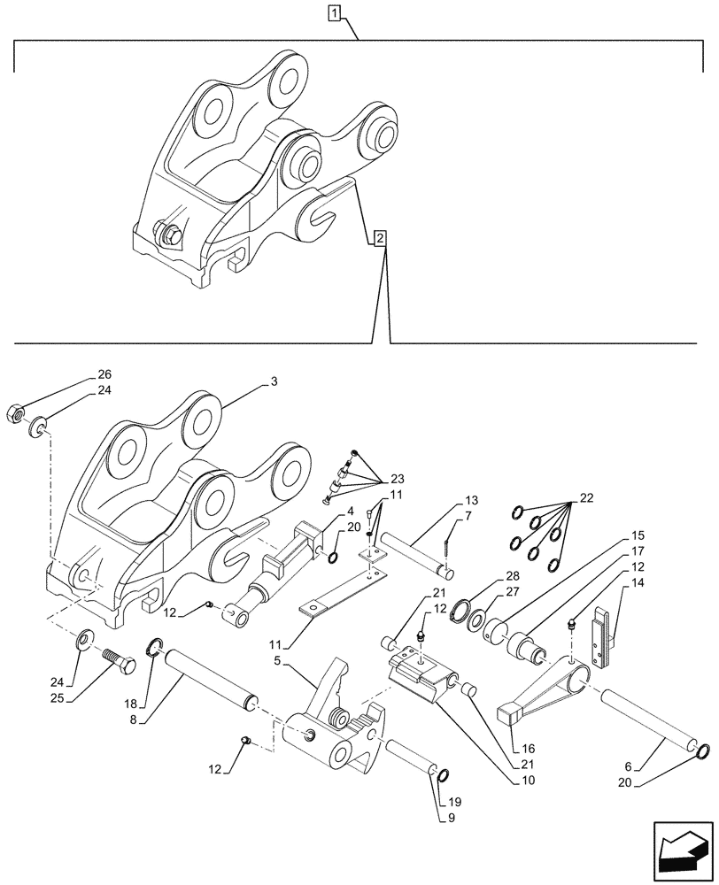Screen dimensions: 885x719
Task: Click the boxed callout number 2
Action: tap(379, 238)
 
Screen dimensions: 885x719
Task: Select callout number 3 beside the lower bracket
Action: tap(274, 382)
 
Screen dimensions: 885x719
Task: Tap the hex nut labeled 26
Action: tap(19, 412)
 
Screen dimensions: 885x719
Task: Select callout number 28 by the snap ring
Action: tap(511, 577)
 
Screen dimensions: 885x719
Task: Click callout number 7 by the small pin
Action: tap(469, 516)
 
